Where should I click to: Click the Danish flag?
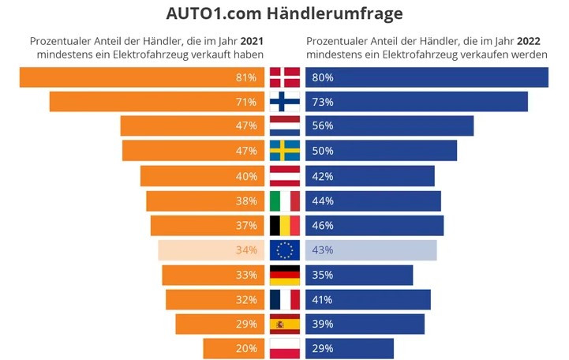click(x=285, y=77)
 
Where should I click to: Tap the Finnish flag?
click(x=285, y=102)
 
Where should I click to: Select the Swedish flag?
click(x=285, y=151)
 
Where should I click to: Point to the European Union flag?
click(x=285, y=250)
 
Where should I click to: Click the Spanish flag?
click(x=285, y=324)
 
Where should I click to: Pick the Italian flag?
click(x=285, y=201)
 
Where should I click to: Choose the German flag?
click(x=285, y=275)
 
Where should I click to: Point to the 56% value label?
click(x=323, y=126)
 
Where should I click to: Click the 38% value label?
click(x=246, y=201)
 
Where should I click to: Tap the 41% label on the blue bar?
click(x=323, y=299)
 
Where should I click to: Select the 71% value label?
click(x=246, y=102)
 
